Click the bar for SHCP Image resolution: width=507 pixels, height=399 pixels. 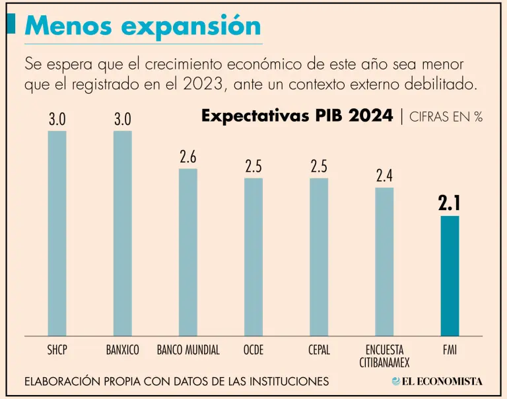click(57, 233)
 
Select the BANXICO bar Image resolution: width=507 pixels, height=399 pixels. click(123, 233)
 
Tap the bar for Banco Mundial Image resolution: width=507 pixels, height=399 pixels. click(188, 252)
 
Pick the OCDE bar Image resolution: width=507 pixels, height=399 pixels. click(253, 257)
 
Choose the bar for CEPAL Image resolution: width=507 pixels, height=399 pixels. click(319, 257)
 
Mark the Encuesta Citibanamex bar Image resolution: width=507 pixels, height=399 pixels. click(384, 262)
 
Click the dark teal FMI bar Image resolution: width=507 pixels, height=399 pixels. click(450, 276)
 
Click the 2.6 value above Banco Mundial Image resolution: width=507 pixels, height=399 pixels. click(188, 157)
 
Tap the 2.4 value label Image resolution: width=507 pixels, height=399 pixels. click(384, 176)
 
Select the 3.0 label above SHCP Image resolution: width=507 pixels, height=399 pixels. click(57, 120)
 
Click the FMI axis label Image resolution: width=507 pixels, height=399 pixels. click(450, 349)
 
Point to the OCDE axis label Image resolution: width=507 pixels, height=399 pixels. click(253, 349)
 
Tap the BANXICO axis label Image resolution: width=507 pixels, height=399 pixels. click(123, 349)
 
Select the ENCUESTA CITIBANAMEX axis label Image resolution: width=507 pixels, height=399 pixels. click(384, 355)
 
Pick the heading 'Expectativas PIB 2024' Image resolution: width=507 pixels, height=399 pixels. click(297, 116)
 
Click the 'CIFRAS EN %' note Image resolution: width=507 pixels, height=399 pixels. click(446, 117)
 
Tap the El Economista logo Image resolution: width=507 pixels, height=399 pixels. click(437, 381)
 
